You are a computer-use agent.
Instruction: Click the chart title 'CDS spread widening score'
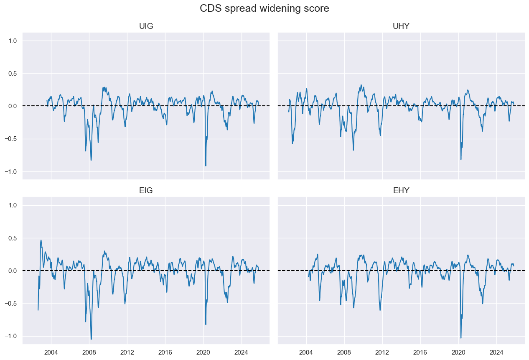point(264,8)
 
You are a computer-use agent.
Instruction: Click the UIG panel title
point(146,26)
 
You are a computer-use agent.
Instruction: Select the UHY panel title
point(401,26)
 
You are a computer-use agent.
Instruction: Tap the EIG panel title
point(146,191)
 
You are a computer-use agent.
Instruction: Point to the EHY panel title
point(401,191)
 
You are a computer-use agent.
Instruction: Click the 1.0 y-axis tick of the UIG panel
point(13,41)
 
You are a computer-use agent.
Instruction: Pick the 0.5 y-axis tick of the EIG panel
point(13,238)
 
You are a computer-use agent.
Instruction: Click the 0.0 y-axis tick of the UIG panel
point(13,106)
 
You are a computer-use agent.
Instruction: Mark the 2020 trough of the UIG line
point(206,166)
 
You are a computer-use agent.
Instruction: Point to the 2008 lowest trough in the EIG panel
point(91,339)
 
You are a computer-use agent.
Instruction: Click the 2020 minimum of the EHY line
point(461,338)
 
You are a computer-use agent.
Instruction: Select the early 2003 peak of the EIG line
point(41,240)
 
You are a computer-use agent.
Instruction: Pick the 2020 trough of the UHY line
point(461,159)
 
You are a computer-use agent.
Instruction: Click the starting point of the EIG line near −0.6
point(38,310)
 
